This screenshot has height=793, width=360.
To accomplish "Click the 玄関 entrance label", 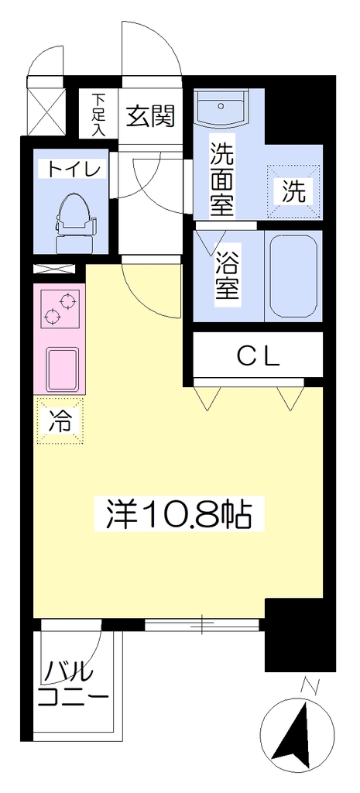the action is tap(151, 117).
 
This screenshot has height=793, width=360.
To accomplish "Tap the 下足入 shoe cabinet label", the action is tap(98, 115).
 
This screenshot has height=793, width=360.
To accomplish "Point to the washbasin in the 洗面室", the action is tap(221, 108).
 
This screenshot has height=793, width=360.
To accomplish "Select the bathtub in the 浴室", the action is tap(293, 276).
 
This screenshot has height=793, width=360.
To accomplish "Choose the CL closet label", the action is tap(258, 358).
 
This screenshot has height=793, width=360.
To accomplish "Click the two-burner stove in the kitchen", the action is tap(60, 308).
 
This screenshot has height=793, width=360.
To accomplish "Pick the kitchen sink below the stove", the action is tap(63, 368).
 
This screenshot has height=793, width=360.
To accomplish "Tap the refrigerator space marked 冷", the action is tap(60, 421).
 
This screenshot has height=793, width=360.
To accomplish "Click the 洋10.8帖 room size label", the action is tap(179, 514).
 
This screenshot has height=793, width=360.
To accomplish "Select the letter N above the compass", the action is tap(308, 685).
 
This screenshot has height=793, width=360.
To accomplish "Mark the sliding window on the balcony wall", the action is tap(202, 624).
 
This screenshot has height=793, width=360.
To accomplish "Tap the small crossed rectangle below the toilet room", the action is tap(54, 269).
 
